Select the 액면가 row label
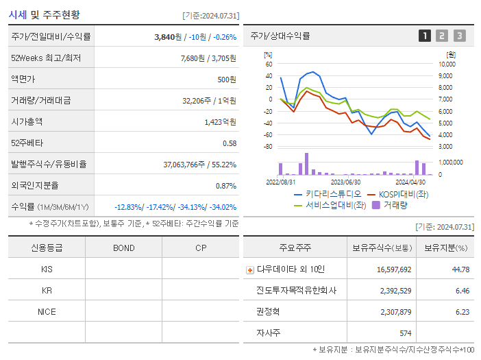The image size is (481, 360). tap(24, 80)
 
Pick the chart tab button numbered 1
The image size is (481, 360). tap(425, 36)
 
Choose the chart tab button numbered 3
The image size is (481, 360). tap(459, 36)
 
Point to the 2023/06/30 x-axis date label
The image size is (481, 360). tap(345, 182)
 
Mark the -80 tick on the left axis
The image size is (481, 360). tap(268, 147)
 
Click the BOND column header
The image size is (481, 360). tap(123, 248)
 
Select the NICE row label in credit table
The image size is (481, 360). tap(47, 312)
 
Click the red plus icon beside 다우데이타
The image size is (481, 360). tap(250, 269)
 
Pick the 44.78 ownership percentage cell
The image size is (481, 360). tap(460, 269)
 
